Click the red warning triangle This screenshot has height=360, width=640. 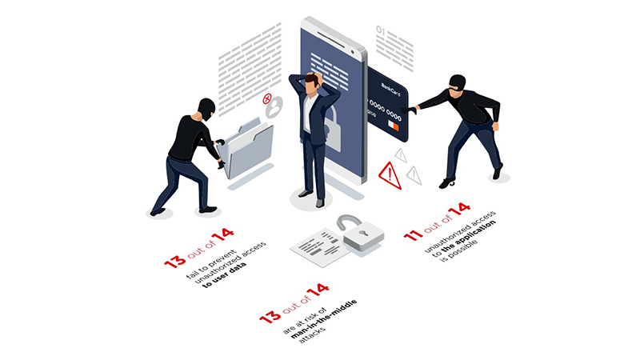(390, 175)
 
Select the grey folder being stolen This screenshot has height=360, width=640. (247, 149)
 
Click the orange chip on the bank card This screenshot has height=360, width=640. (393, 126)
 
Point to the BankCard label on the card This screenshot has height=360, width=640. (390, 90)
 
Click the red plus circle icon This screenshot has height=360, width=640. (267, 98)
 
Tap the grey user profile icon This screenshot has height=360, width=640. (274, 106)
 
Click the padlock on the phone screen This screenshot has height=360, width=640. (334, 127)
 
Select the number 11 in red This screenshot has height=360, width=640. (413, 235)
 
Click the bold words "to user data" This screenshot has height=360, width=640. (225, 275)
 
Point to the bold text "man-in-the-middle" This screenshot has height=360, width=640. (324, 319)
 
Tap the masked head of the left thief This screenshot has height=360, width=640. (206, 108)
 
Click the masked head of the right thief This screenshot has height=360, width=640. (457, 84)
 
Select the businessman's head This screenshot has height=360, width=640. (313, 83)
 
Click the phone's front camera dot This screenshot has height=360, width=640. (352, 52)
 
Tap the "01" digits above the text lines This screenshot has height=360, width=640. (381, 30)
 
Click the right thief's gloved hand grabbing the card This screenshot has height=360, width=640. (409, 110)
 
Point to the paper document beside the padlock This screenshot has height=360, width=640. (319, 247)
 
